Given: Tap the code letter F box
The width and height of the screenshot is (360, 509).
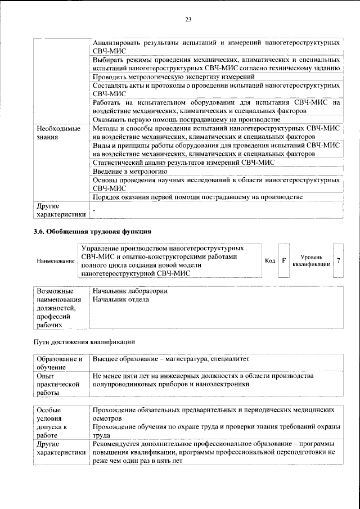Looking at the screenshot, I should (284, 261).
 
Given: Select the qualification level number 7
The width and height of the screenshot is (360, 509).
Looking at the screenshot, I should (338, 260).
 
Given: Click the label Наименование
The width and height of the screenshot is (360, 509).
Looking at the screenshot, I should (55, 261).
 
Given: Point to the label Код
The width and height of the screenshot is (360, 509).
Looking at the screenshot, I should (270, 261).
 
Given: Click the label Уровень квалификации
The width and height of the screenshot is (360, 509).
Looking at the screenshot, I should (310, 260).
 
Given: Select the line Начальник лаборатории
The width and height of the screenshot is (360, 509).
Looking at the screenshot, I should (130, 291).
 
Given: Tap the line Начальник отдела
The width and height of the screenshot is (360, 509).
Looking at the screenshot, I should (121, 300).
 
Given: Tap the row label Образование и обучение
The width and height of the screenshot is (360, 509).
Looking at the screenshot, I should (58, 363).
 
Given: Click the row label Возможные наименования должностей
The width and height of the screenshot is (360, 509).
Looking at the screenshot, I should (55, 308).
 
